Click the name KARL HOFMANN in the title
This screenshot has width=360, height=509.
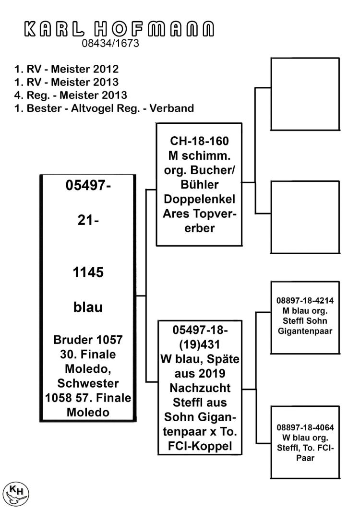[119, 29]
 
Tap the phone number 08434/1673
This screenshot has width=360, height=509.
[110, 43]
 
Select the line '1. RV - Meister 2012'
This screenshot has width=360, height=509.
[66, 69]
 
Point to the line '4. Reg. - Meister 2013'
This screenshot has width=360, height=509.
[71, 95]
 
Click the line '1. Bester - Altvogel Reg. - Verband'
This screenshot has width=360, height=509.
[104, 108]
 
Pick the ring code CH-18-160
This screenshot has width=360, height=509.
[200, 141]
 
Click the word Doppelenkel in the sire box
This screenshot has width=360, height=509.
[200, 199]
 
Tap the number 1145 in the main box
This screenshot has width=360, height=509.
[88, 272]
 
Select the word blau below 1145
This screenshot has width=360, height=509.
[88, 307]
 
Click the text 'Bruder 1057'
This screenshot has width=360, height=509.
[88, 340]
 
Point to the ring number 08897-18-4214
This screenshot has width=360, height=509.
[305, 301]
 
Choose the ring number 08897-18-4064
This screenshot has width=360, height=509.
[305, 427]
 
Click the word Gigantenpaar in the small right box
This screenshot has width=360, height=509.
[305, 331]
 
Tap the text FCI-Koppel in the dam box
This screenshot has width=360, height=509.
[200, 446]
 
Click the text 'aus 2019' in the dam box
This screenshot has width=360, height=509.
[200, 374]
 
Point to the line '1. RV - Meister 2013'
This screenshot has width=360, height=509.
[66, 82]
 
